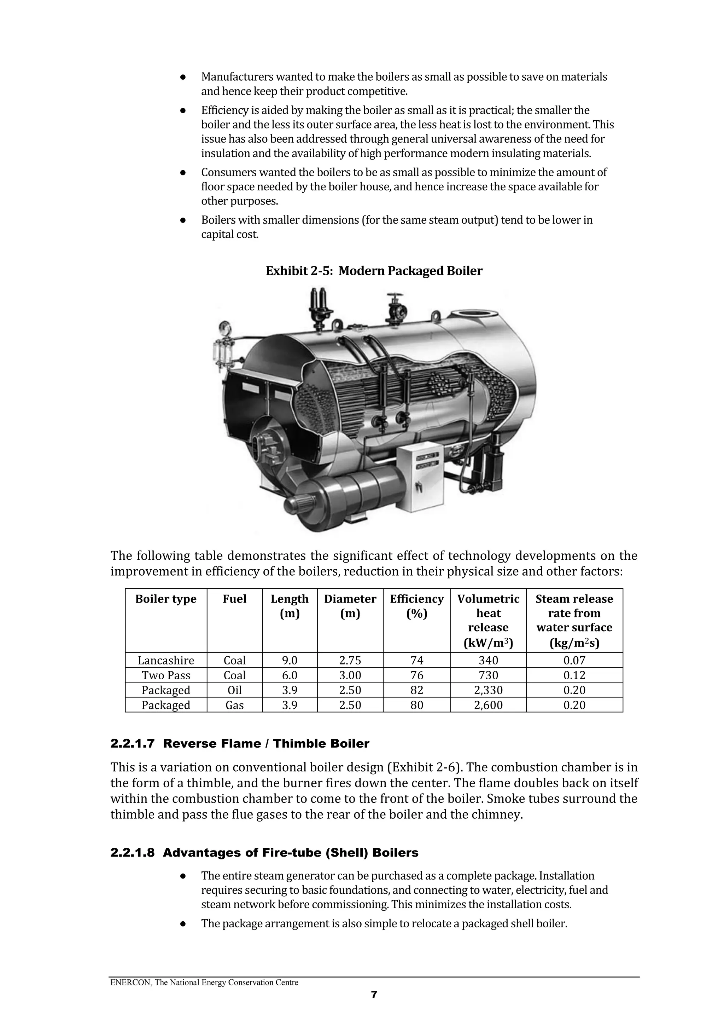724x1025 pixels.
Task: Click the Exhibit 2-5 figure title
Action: click(x=374, y=271)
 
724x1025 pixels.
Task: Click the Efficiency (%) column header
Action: click(x=417, y=606)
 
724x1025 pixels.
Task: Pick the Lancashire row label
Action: click(x=165, y=660)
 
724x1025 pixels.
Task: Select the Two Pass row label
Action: click(x=165, y=675)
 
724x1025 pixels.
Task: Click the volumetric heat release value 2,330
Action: click(x=488, y=690)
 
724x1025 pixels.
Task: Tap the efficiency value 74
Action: click(x=417, y=660)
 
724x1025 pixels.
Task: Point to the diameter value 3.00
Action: click(x=350, y=675)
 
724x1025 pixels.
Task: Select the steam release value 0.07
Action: click(x=574, y=660)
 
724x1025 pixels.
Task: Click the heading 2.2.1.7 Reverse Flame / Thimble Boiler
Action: click(x=240, y=744)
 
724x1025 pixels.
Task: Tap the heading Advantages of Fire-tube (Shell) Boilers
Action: click(x=290, y=853)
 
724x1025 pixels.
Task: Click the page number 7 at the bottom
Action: click(x=374, y=994)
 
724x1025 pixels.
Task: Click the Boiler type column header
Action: click(x=165, y=599)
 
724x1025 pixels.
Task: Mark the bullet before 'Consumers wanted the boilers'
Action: click(x=182, y=172)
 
